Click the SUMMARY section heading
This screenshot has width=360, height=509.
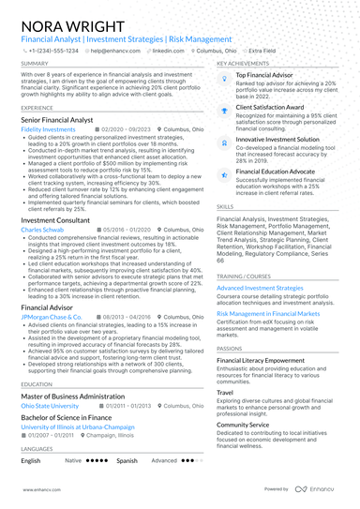[35, 64]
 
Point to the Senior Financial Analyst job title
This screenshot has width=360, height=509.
[57, 120]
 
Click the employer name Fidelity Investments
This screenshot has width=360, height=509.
[47, 129]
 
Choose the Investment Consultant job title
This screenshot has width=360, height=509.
[55, 219]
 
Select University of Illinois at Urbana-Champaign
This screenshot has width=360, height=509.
[79, 427]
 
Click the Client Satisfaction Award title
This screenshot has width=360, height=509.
[273, 107]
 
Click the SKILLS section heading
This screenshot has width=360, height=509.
[225, 205]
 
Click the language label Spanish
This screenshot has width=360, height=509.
[127, 461]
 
